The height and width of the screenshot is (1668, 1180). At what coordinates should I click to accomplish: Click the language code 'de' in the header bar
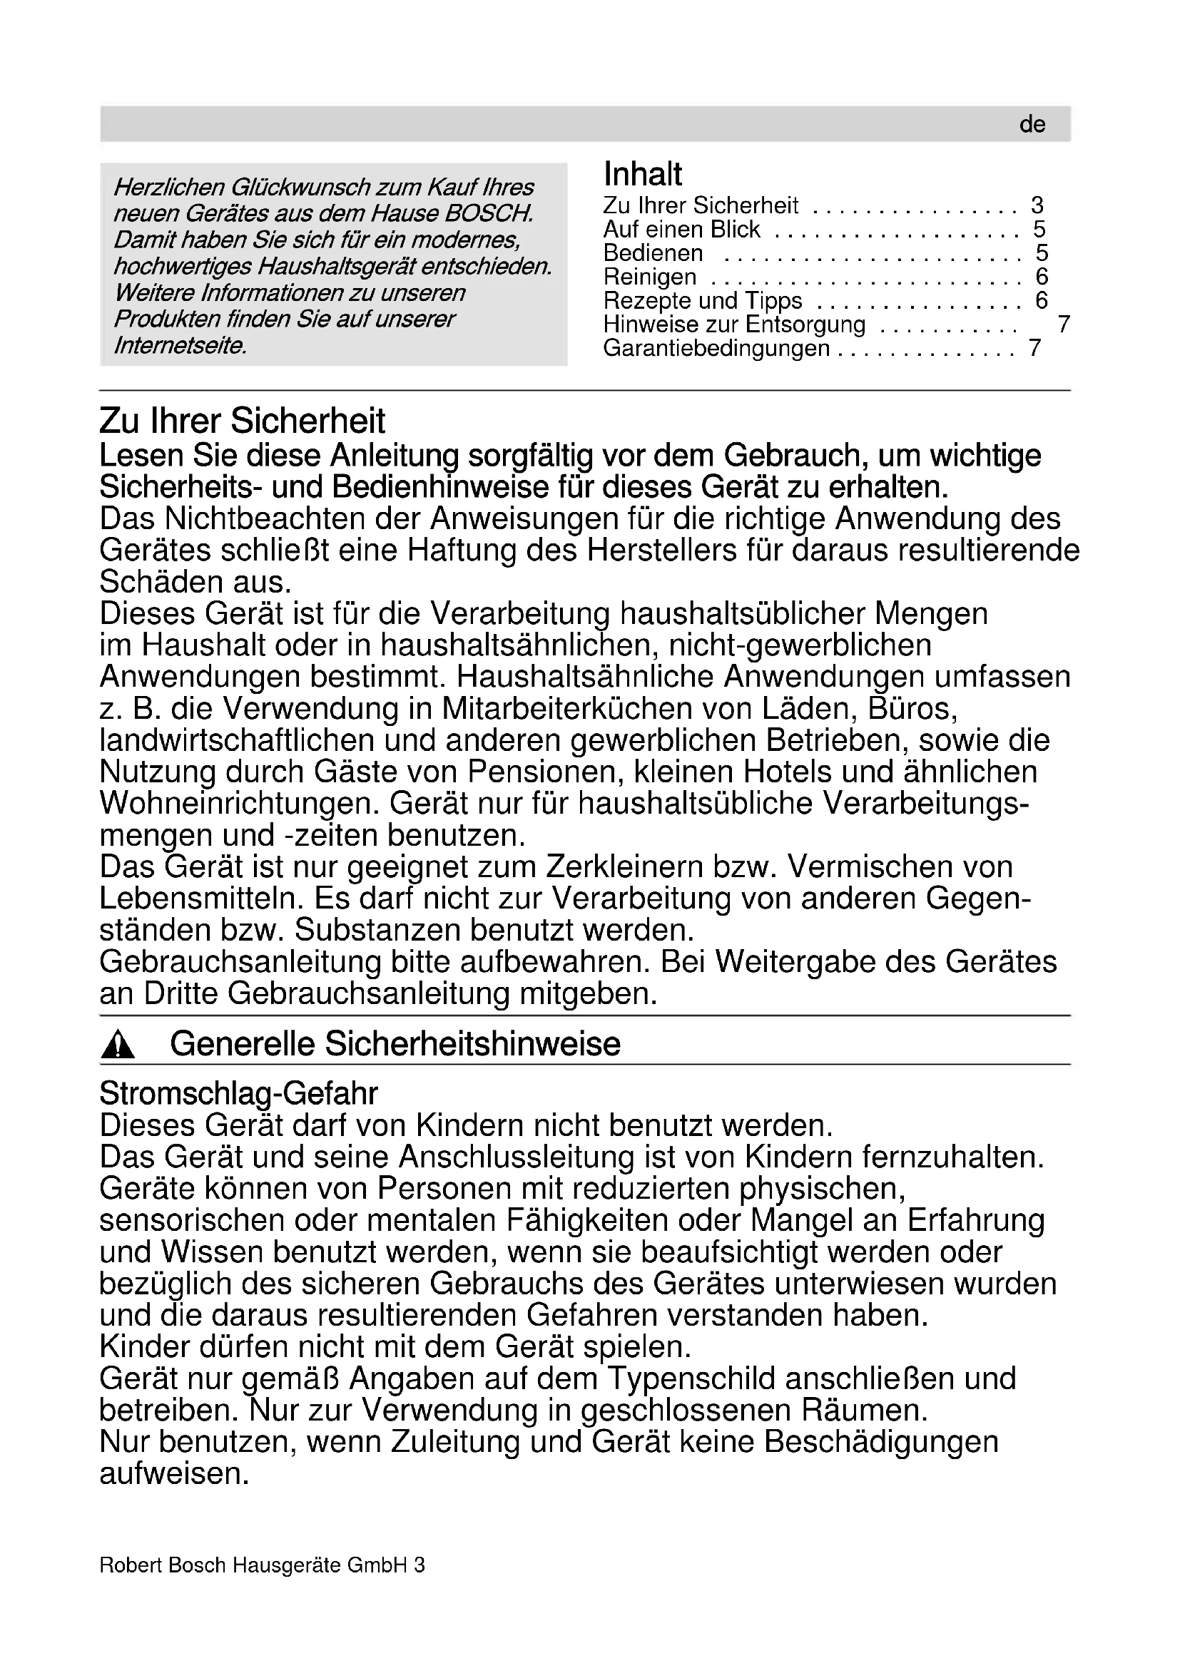point(1032,124)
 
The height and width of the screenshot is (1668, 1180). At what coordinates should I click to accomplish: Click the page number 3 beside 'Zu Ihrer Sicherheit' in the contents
point(1037,205)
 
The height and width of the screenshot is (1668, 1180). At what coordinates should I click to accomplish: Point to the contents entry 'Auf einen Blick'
point(681,230)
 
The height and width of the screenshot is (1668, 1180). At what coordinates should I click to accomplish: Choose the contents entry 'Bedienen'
point(653,254)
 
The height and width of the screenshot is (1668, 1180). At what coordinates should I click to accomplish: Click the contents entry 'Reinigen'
point(650,277)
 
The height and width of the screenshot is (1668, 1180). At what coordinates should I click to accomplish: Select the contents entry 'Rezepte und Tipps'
point(702,301)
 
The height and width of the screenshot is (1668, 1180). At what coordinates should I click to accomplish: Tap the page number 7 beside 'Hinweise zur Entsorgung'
point(1063,324)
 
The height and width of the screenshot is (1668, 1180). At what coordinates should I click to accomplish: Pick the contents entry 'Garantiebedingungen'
point(716,349)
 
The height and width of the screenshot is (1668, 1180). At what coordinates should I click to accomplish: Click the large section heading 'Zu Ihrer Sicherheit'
point(242,421)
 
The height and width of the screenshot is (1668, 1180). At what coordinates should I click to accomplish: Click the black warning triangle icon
point(118,1047)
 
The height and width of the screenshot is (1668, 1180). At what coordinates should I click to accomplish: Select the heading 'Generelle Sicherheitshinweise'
point(395,1045)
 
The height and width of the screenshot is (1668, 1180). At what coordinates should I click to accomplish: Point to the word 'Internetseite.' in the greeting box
point(180,346)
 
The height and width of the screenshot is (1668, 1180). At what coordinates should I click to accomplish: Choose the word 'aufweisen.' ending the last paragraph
point(174,1473)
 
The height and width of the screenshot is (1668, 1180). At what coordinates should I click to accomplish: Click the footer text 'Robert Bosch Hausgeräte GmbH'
point(253,1565)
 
